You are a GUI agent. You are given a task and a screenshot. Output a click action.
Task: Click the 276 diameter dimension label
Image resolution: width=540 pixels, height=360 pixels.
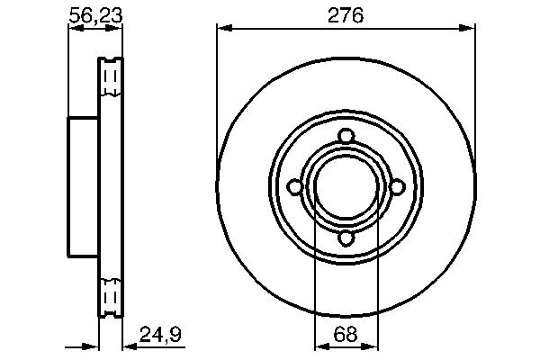point(346,16)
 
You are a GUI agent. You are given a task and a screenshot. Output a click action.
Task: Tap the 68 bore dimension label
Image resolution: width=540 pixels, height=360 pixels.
point(346,334)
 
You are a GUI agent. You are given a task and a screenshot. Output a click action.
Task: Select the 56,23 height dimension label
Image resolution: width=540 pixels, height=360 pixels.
point(95,16)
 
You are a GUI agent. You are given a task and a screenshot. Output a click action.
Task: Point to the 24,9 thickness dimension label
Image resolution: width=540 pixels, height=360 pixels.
point(160,335)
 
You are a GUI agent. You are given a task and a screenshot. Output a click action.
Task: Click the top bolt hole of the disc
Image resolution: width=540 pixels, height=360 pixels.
point(346,136)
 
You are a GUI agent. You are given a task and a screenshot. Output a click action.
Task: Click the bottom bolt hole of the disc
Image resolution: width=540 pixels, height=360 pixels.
point(346,238)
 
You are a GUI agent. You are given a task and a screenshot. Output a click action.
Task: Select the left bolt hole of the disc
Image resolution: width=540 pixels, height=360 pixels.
point(295,187)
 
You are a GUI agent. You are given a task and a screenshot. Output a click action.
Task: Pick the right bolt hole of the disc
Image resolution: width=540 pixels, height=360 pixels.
point(398,187)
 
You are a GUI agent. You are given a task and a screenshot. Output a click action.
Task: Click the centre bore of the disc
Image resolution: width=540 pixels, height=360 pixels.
point(346,187)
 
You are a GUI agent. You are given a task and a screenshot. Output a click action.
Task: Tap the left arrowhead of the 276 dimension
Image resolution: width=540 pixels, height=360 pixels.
point(224,28)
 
